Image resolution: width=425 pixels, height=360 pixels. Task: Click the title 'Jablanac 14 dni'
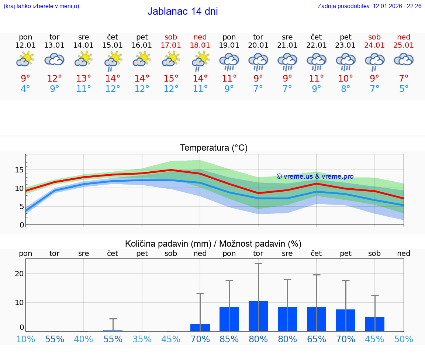(x=183, y=11)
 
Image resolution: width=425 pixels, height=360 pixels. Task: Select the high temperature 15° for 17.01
(x=171, y=78)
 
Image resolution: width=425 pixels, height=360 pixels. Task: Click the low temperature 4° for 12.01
(x=25, y=89)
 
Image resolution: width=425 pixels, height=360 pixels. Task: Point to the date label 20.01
(x=258, y=45)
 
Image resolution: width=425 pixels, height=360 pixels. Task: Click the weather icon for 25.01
(x=404, y=60)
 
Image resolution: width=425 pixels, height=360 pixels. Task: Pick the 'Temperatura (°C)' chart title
(x=214, y=148)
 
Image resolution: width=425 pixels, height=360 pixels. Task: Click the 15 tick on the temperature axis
(x=19, y=170)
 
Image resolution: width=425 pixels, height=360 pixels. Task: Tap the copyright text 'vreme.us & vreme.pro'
(x=315, y=176)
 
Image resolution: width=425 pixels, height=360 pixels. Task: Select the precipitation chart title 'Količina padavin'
(x=213, y=244)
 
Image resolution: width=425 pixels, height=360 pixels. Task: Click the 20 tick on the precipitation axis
(x=19, y=274)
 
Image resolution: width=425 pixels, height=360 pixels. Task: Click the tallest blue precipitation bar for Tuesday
(x=258, y=316)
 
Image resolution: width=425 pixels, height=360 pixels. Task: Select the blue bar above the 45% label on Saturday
(x=374, y=324)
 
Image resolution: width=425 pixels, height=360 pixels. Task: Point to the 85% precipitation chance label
(x=229, y=339)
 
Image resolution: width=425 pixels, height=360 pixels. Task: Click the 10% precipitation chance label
(x=25, y=339)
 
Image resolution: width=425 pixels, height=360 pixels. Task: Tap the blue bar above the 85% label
(x=229, y=319)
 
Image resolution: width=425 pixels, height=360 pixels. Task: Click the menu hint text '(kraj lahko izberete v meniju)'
(x=41, y=6)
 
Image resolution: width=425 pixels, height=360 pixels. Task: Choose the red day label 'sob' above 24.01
(x=374, y=37)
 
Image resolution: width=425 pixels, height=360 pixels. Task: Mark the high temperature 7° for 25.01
(x=404, y=78)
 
